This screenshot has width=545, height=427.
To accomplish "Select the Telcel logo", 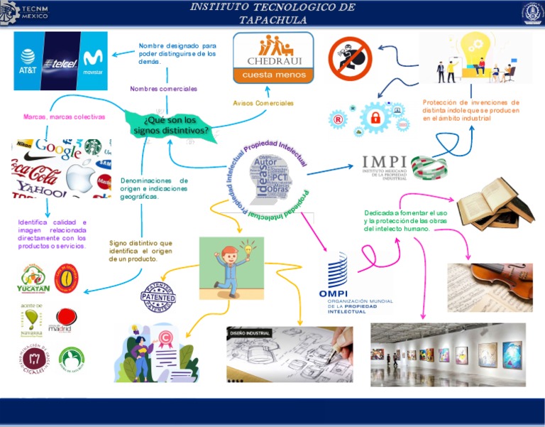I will pos(60,63).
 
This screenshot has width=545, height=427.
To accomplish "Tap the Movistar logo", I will pos(92,60).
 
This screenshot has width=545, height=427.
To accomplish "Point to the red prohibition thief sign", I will pos(350,59).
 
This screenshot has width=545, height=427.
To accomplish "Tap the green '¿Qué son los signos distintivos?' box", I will pos(171,125).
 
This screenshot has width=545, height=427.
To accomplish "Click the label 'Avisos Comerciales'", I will pos(263,103).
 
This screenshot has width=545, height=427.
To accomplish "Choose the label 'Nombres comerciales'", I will pos(163,89).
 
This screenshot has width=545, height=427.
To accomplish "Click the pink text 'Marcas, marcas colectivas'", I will pos(64,117).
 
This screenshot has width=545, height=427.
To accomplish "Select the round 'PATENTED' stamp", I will pos(158,297).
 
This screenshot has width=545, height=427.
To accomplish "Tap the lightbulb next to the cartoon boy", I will pos(248,250).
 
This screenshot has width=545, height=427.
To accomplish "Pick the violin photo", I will pos(490,277).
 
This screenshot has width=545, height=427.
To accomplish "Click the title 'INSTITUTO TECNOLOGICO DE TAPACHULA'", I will pos(272,13).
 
